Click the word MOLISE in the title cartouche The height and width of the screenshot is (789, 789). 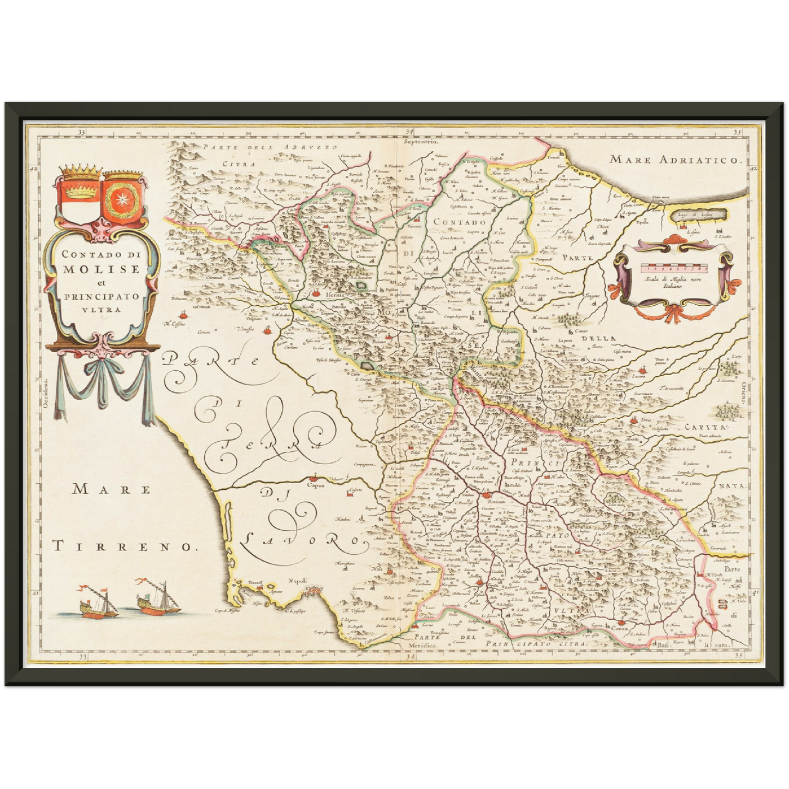pos(101,269)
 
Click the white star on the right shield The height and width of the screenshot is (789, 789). pos(123,201)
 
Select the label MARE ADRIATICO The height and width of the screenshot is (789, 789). pos(677,160)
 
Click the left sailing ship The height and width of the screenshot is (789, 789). pos(98,602)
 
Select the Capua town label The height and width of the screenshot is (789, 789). pos(316,484)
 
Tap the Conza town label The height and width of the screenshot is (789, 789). pos(619,628)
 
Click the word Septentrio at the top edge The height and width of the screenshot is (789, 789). pos(421,141)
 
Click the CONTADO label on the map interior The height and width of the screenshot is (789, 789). pos(460,222)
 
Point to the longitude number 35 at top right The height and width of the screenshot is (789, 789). pos(737,132)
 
